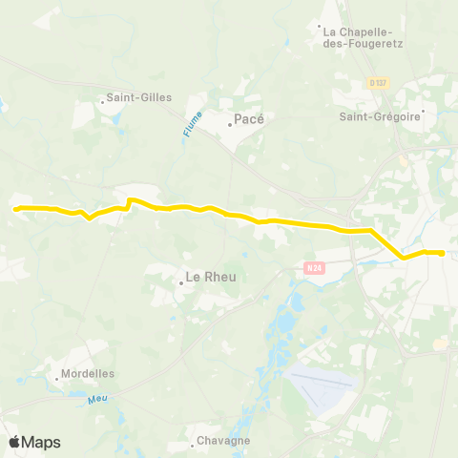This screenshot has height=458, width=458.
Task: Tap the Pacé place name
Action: (249, 120)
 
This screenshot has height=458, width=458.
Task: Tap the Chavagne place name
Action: (222, 441)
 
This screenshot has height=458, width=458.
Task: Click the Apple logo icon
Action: (14, 442)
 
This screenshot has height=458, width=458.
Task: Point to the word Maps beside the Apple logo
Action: (41, 442)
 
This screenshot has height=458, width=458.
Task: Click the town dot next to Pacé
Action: (229, 123)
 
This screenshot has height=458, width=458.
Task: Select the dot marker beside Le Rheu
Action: (180, 281)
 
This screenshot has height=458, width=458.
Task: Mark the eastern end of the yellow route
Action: (443, 253)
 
